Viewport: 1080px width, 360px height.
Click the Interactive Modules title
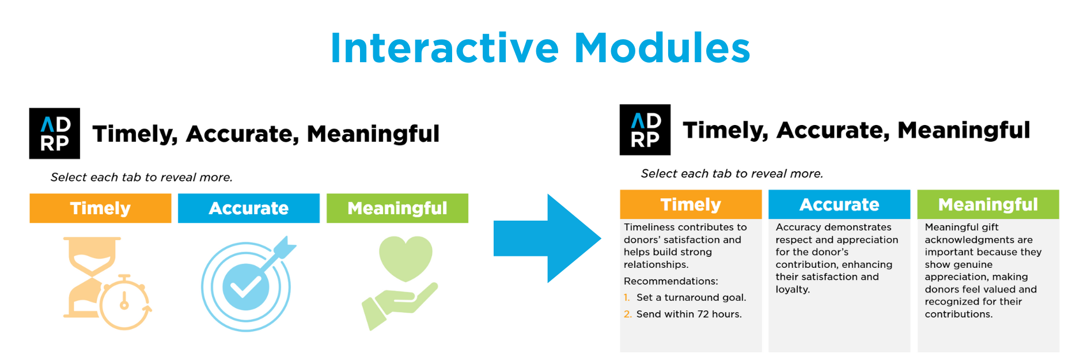coord(540,48)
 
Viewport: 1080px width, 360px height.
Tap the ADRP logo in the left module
coord(55,133)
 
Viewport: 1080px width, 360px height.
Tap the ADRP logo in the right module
coord(645,130)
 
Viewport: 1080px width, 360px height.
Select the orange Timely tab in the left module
coord(100,208)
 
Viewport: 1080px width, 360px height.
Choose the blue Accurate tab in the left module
coord(249,208)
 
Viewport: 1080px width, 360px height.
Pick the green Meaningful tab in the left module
coord(397,208)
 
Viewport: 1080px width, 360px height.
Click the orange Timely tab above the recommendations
coord(691,204)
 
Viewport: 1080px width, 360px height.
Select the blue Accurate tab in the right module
coord(839,204)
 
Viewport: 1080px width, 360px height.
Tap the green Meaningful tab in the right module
coord(988,204)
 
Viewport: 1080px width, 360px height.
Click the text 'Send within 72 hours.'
coord(689,314)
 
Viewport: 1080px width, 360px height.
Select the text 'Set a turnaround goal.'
coord(691,297)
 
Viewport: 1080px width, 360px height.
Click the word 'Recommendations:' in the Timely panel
coord(671,281)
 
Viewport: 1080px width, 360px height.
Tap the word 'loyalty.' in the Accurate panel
coord(793,290)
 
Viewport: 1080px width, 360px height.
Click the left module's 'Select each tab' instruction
coord(142,177)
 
